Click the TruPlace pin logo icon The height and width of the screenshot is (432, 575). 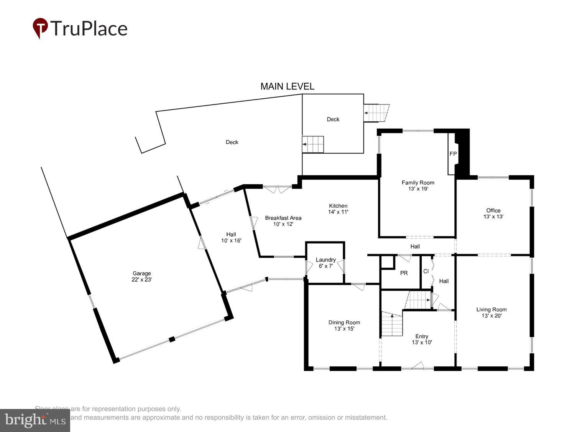40,28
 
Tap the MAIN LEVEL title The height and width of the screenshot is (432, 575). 287,86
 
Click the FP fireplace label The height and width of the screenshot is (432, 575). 453,154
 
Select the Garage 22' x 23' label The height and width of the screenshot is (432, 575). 142,276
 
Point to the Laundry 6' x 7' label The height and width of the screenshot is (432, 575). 325,263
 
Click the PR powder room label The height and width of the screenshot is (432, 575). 404,273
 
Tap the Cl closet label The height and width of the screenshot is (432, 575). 426,271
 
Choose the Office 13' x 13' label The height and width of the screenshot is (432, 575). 493,213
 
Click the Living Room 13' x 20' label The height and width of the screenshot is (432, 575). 491,312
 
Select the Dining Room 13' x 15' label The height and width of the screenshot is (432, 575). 344,325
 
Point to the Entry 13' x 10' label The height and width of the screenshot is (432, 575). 422,339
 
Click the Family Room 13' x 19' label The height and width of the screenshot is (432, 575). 418,185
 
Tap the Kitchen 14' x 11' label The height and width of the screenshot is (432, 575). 338,209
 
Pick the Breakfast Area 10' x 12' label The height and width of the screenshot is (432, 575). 283,221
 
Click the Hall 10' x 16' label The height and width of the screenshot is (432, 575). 231,237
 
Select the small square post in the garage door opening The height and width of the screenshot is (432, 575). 172,339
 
